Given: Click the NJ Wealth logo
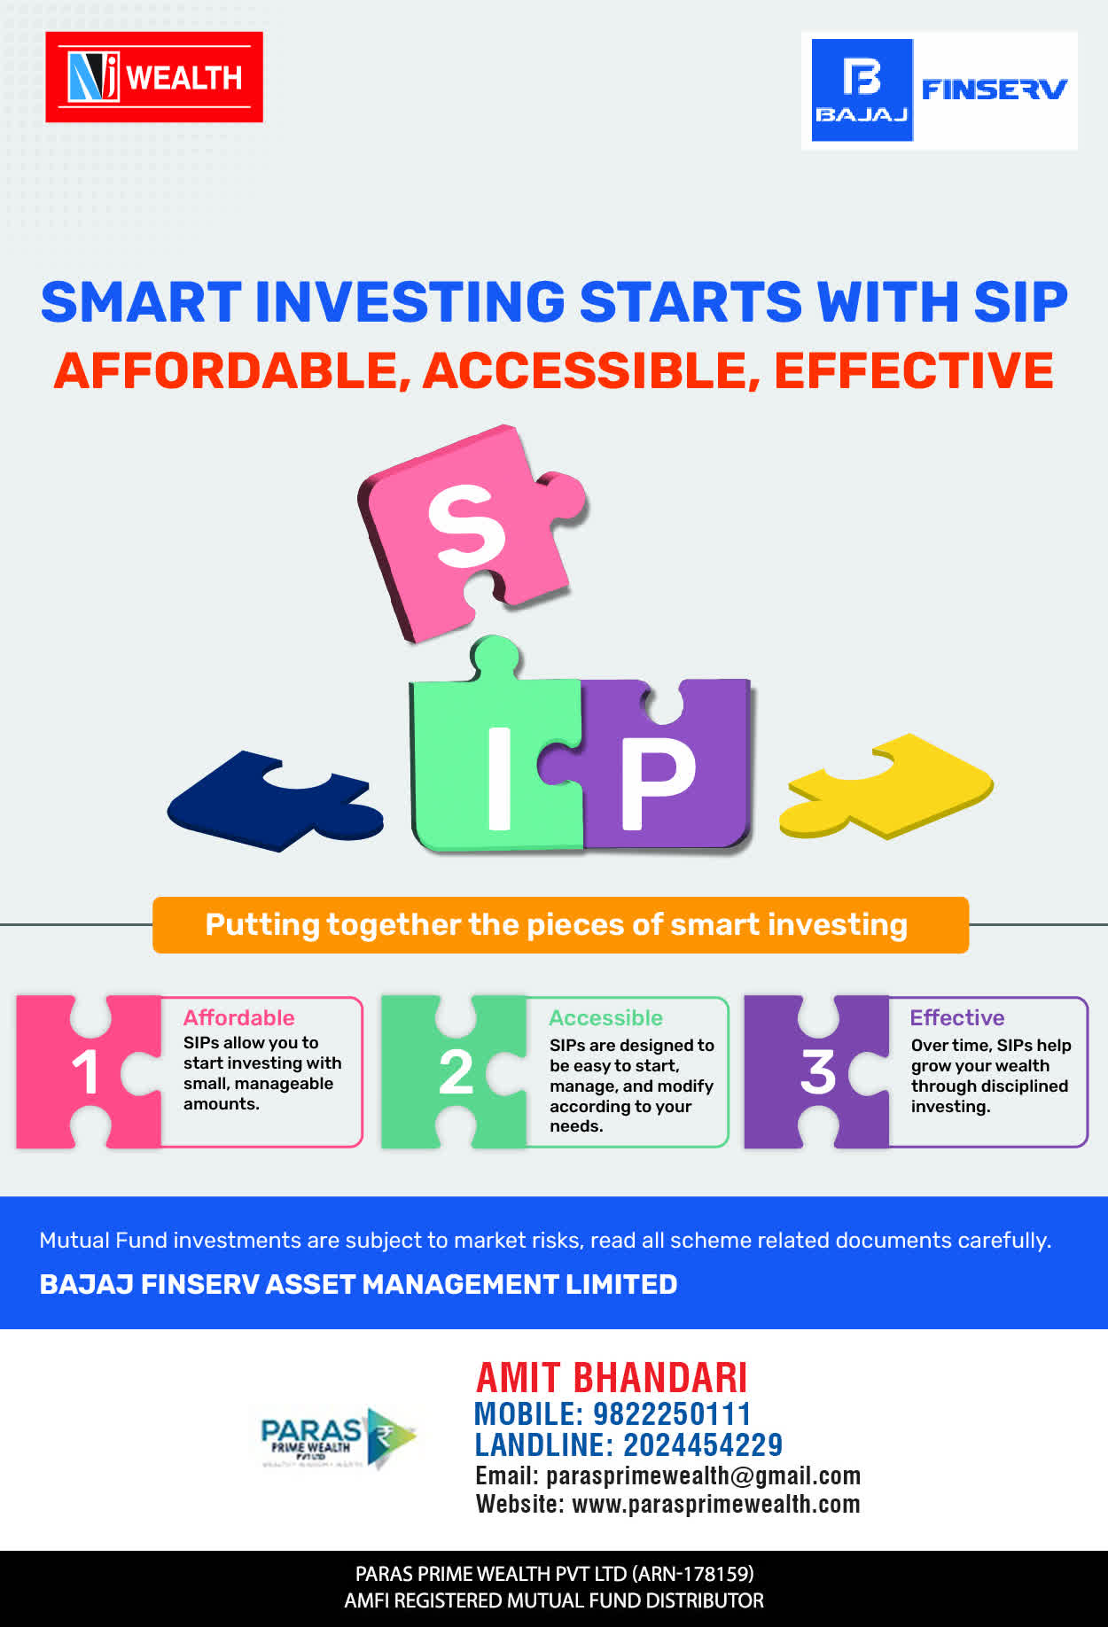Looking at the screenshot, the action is click(x=154, y=77).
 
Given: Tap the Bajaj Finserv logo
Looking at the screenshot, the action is click(x=940, y=90).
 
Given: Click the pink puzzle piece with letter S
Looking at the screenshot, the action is click(x=472, y=532).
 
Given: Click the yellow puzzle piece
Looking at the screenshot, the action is click(x=886, y=785).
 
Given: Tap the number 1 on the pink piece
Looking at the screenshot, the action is click(x=85, y=1072).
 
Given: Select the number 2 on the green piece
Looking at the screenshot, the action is click(x=456, y=1072).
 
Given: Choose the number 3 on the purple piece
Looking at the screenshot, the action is click(x=818, y=1072).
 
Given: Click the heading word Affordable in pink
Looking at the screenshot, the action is click(x=239, y=1017).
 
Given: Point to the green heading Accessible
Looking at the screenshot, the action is click(x=606, y=1017).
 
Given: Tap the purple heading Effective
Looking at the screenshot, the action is click(x=957, y=1017).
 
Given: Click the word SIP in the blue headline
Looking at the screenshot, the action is click(x=1020, y=302).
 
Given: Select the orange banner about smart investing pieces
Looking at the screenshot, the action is click(x=560, y=925).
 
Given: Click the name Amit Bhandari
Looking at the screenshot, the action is click(x=612, y=1378).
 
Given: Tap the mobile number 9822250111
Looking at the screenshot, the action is click(x=672, y=1414).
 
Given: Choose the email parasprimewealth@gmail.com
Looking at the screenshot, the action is click(x=704, y=1475).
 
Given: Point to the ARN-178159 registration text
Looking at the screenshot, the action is click(x=692, y=1574).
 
